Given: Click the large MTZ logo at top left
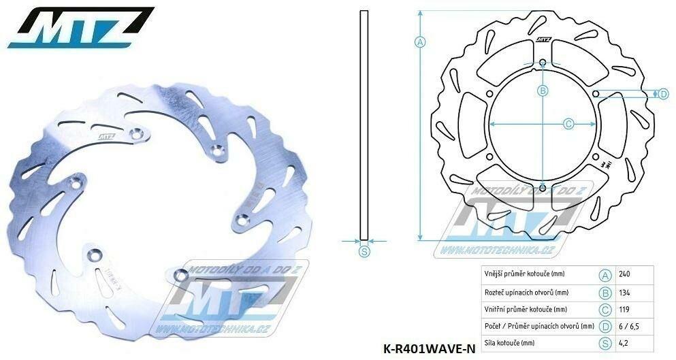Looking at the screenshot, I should (80, 27).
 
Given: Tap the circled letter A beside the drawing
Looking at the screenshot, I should (420, 42).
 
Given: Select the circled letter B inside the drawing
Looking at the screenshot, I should (543, 91).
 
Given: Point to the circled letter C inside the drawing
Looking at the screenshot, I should (569, 124).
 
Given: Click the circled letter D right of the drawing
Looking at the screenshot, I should (663, 94).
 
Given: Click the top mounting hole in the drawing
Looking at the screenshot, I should (543, 64).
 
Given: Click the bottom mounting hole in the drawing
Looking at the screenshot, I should (543, 188).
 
